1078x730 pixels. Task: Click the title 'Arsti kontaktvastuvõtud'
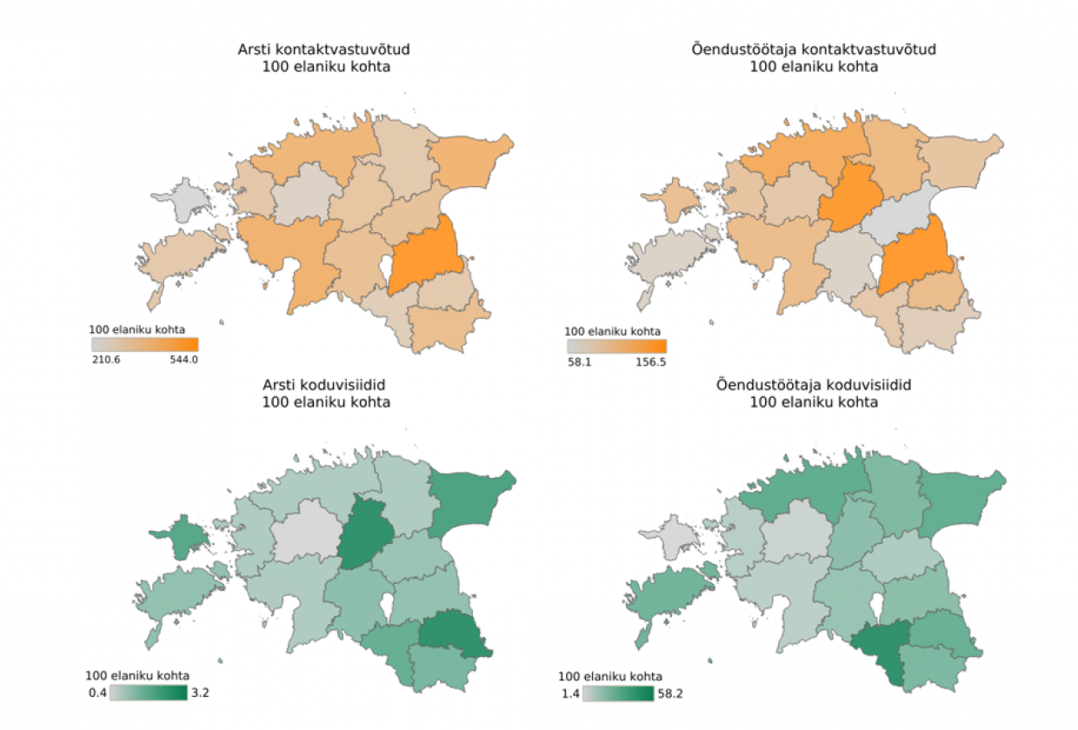point(324,50)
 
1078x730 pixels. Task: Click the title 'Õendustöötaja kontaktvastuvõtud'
point(813,50)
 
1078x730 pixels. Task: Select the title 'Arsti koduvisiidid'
point(324,385)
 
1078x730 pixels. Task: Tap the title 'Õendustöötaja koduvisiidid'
point(813,385)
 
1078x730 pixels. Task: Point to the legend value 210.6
point(106,359)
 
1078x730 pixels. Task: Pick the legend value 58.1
point(580,361)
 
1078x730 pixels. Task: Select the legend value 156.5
point(650,361)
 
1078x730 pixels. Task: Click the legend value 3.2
point(199,693)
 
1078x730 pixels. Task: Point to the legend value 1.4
point(569,693)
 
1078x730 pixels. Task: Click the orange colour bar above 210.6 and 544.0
point(144,344)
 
